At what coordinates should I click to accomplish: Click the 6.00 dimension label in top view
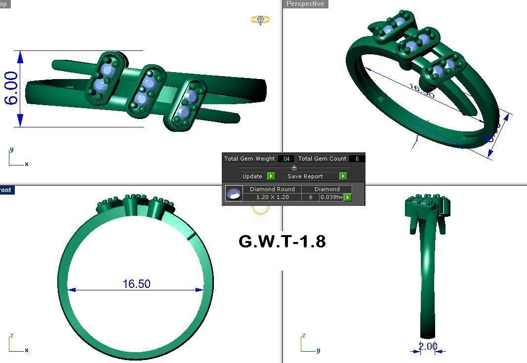[11, 88]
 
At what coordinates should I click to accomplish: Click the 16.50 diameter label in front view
[136, 284]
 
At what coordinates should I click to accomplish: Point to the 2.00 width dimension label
[428, 346]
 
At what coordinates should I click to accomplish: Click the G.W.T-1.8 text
[282, 242]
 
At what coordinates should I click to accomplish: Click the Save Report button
[305, 176]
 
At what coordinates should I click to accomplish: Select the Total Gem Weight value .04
[286, 159]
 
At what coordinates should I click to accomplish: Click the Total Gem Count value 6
[357, 159]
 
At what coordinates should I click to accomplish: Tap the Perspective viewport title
[305, 4]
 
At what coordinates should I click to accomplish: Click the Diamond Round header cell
[272, 189]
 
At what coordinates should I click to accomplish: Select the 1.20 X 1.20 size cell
[272, 197]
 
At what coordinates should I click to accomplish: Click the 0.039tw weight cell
[331, 197]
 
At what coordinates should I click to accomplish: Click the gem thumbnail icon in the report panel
[234, 193]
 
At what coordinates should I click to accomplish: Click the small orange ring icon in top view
[260, 20]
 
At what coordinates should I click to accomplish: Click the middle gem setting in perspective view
[418, 43]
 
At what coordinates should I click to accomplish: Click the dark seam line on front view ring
[192, 236]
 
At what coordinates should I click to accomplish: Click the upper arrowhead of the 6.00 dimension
[20, 57]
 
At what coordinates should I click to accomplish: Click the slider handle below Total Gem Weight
[294, 167]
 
